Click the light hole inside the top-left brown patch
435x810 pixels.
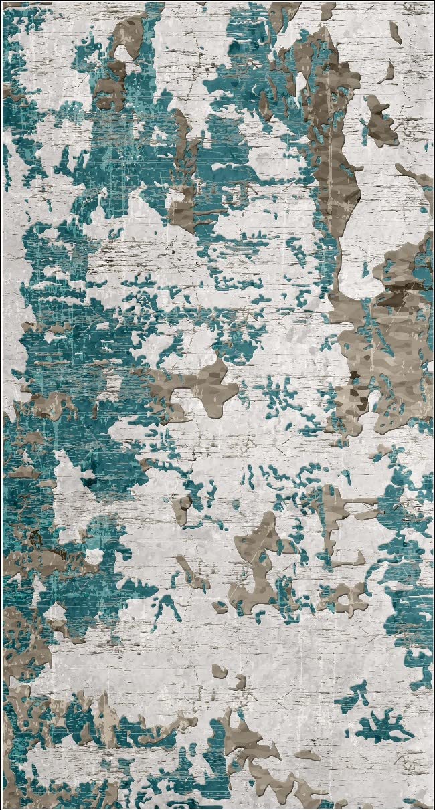pyautogui.click(x=124, y=51)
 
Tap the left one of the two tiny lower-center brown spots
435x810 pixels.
pyautogui.click(x=219, y=670)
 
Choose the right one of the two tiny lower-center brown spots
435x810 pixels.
pyautogui.click(x=239, y=681)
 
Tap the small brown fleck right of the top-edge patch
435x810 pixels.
pyautogui.click(x=327, y=11)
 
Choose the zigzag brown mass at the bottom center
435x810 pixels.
pyautogui.click(x=261, y=756)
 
